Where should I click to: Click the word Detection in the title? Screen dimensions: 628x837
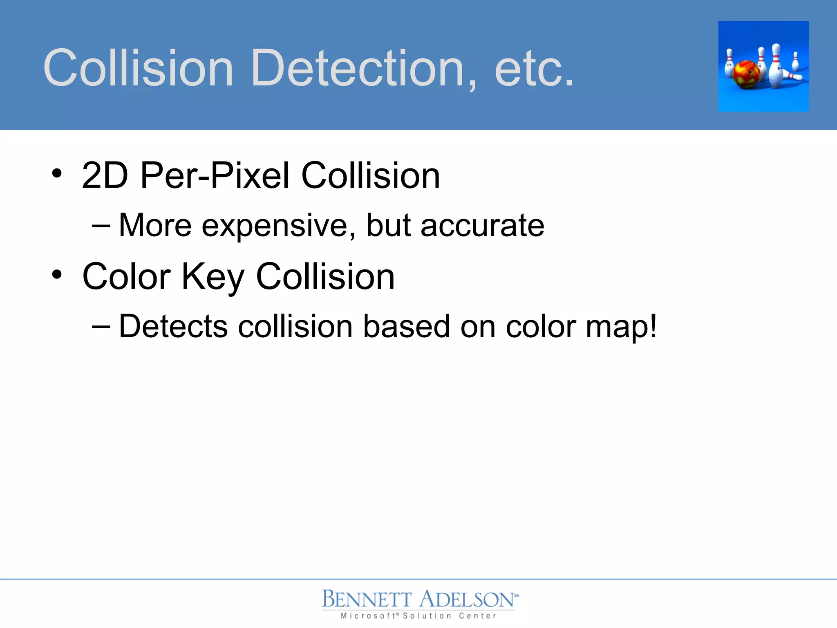pos(364,68)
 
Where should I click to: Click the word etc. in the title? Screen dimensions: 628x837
pos(534,69)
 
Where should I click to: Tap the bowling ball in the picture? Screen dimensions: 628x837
pos(746,74)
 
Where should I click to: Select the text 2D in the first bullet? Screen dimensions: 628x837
pos(105,175)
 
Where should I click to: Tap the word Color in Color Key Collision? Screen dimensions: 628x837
pos(126,277)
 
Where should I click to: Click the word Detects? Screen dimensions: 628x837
pos(173,327)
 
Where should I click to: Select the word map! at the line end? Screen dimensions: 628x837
pos(621,327)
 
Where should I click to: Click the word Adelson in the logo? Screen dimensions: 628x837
pos(467,599)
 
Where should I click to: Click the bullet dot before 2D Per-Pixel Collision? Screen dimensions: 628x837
pos(57,173)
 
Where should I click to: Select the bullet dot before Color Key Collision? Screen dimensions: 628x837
pos(57,274)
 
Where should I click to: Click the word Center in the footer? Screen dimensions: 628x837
pos(477,616)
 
